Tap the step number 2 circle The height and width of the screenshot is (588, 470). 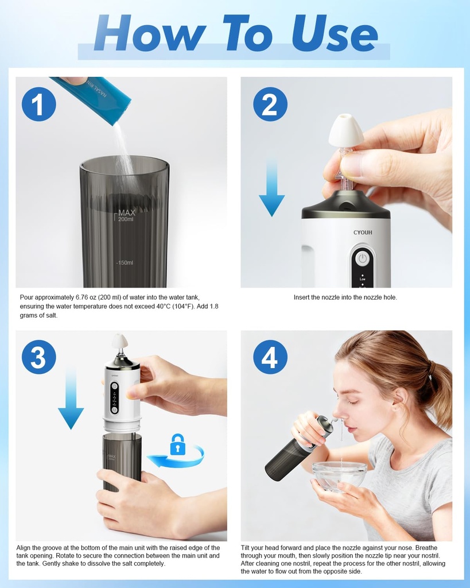click(x=270, y=105)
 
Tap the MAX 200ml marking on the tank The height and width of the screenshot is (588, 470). click(x=126, y=216)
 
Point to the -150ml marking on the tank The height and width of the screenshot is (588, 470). click(x=124, y=263)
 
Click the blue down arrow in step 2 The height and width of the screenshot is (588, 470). click(x=271, y=189)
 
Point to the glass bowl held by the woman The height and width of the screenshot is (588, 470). click(x=339, y=475)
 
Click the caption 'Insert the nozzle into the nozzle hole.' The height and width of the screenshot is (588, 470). click(x=345, y=297)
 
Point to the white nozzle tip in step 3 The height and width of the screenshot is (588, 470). click(x=119, y=341)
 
